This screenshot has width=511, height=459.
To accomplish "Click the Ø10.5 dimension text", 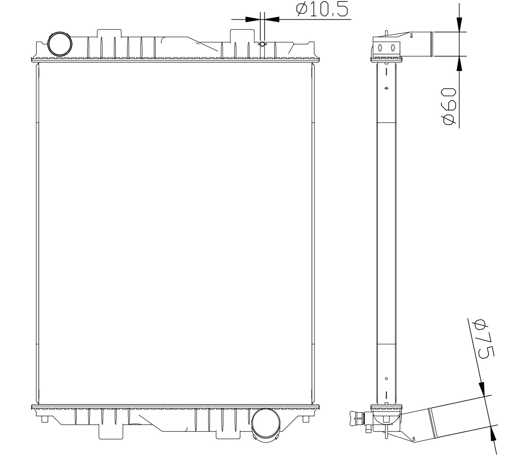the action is (x=322, y=10).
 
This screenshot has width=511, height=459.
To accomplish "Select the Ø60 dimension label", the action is (x=449, y=106).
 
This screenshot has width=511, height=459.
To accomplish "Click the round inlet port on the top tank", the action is (x=60, y=44).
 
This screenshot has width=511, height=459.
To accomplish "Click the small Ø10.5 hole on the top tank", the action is (x=262, y=44).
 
